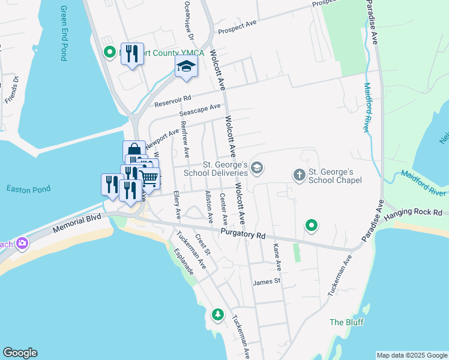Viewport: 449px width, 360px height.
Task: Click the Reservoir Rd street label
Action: coord(172,101)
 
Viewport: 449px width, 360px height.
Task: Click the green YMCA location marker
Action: coord(110,53)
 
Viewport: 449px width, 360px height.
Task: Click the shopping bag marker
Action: coord(134,151)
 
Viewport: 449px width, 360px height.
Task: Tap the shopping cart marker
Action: coord(149,178)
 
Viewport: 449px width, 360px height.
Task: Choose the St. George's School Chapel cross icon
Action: coord(299,175)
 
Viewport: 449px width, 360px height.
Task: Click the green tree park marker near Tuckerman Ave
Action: coord(217,314)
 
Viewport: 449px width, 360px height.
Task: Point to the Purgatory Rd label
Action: coord(243,234)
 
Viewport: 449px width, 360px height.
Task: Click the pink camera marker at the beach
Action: coord(23,243)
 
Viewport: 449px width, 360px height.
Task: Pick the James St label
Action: coord(267,281)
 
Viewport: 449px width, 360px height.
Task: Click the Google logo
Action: coord(20,353)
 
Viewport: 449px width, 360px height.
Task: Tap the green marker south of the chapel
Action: coord(312,226)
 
